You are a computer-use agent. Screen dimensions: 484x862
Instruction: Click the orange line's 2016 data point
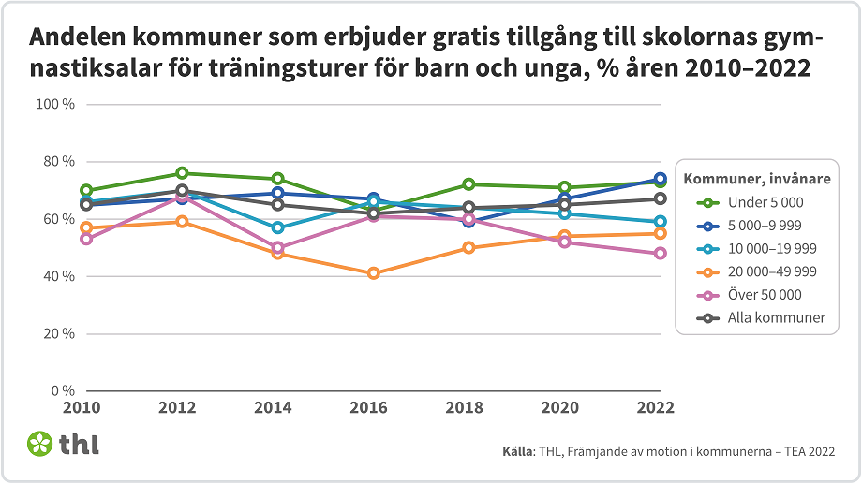tap(374, 273)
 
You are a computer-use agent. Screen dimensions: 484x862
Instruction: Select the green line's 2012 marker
tap(182, 173)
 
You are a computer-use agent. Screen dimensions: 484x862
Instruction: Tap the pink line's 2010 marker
tap(86, 239)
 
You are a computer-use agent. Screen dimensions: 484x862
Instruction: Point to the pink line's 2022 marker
tap(660, 254)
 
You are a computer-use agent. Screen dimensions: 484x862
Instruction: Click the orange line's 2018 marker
tap(468, 248)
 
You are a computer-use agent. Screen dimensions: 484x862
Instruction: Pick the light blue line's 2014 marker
tap(277, 227)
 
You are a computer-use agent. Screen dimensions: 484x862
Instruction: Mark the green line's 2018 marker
tap(468, 184)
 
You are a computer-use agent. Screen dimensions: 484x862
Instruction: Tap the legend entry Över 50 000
tap(765, 294)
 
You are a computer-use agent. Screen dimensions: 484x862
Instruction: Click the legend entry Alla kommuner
tap(777, 317)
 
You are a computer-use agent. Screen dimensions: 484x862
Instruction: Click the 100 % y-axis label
tap(55, 104)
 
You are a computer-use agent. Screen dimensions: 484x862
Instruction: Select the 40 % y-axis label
tap(58, 276)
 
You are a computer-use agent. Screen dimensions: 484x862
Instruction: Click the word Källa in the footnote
tap(517, 452)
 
